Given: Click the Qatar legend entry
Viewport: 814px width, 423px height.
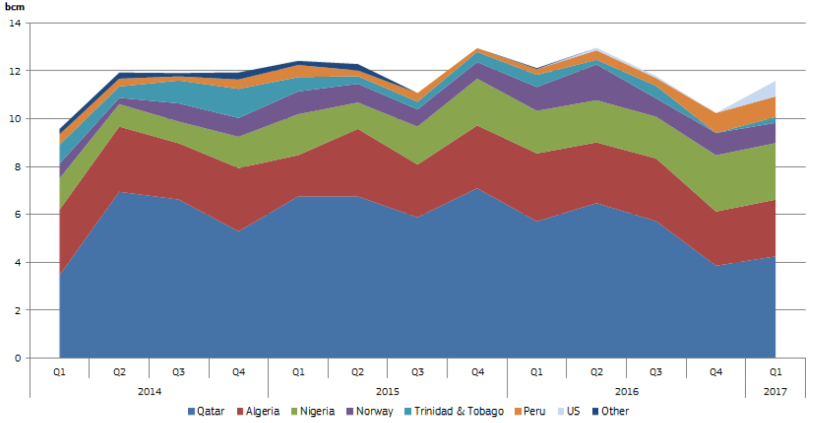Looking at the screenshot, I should (206, 411).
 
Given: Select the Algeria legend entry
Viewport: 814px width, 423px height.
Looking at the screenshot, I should (258, 411).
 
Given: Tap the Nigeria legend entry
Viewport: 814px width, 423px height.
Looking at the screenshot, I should (313, 411).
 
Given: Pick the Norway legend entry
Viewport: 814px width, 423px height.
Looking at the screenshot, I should (370, 411).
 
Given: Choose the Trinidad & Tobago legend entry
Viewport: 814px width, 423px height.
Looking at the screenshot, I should (454, 411).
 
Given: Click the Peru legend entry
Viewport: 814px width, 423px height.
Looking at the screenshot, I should (530, 411).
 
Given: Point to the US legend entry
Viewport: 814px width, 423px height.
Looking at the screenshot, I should (569, 411).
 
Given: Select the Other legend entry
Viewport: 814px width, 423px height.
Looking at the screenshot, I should (611, 411).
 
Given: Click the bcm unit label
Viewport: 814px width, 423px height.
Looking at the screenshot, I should (14, 7).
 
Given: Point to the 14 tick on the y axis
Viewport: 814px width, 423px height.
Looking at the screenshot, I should (15, 23).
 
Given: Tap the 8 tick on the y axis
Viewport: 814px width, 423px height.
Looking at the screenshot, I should (18, 167).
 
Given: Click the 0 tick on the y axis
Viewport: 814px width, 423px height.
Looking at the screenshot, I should (18, 358).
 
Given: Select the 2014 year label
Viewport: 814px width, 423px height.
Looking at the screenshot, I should (149, 391).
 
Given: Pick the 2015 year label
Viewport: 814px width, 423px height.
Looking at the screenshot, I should (387, 391).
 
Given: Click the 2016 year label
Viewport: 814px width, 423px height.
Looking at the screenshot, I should (626, 391).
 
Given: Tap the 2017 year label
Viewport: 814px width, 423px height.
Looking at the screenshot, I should (775, 391).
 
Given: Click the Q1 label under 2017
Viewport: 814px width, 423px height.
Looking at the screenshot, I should (775, 372).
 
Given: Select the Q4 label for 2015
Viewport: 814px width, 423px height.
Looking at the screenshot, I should (477, 372).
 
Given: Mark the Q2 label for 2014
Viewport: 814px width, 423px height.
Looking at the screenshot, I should (119, 372).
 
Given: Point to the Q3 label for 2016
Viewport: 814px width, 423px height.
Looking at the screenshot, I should (656, 372).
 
